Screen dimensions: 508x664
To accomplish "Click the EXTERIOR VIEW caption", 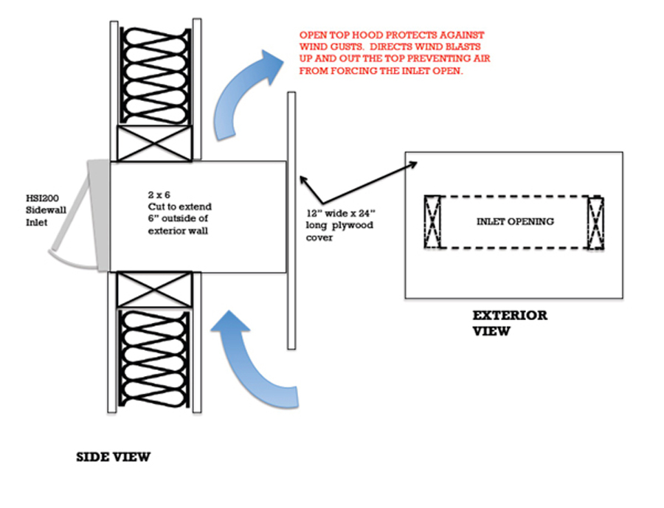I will (x=509, y=323).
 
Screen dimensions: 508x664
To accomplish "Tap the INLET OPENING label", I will (x=514, y=221).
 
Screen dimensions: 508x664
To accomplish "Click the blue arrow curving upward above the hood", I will (x=243, y=92).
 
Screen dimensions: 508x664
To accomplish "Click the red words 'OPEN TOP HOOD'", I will (x=336, y=35).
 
